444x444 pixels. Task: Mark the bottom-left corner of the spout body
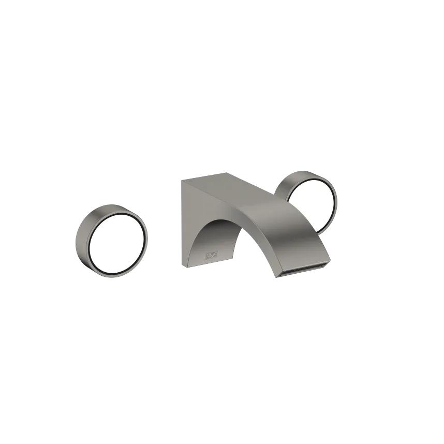pyautogui.click(x=182, y=265)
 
